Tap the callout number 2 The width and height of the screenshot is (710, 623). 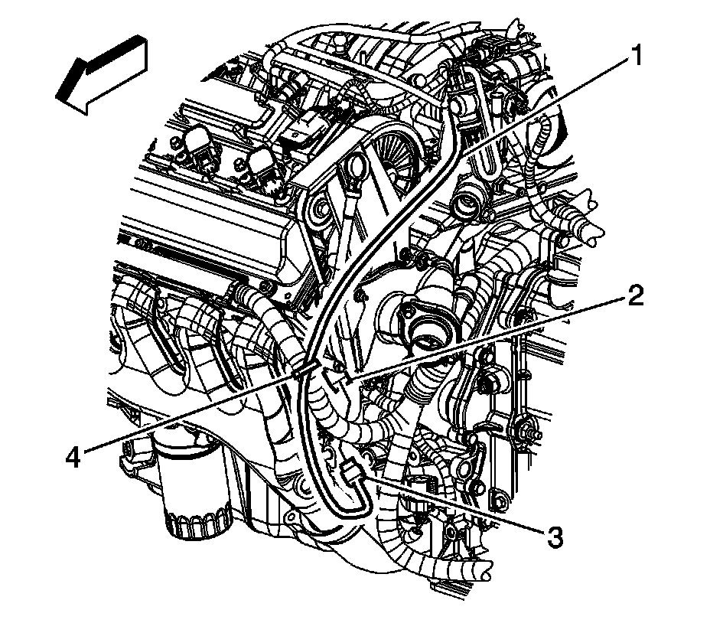point(635,296)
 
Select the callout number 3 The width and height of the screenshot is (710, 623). point(555,537)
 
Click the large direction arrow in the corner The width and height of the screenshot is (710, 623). point(102,73)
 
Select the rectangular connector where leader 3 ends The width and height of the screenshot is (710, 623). point(351,471)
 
